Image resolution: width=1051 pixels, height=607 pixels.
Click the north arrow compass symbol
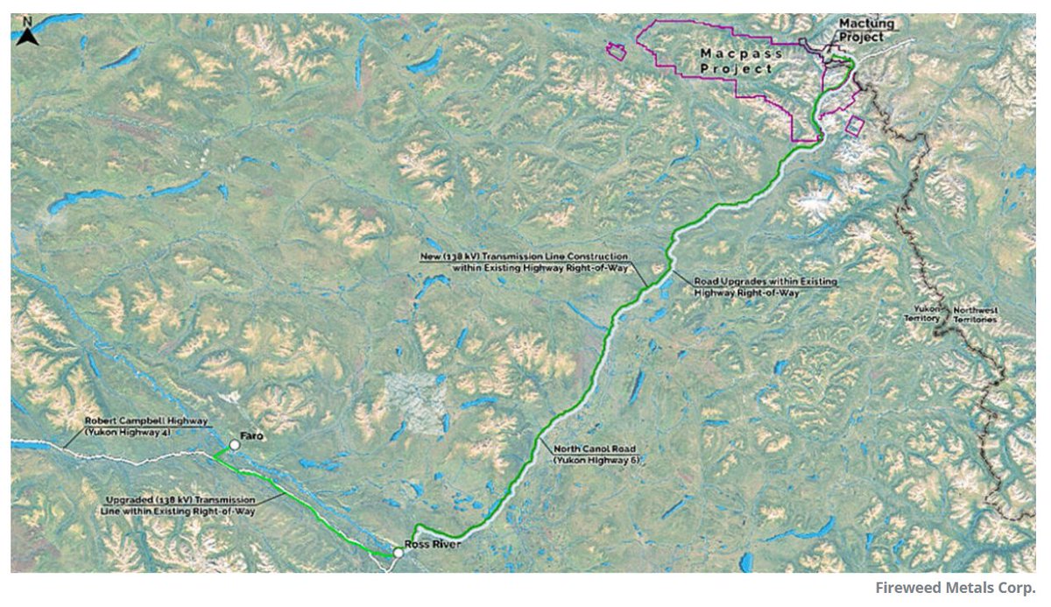coord(27,35)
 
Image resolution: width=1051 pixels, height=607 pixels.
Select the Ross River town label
coord(433,544)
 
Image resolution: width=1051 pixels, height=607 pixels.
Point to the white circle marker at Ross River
coord(399,553)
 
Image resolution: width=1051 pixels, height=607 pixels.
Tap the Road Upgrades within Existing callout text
coord(765,282)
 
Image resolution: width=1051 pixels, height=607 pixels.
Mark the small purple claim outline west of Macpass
coord(617,52)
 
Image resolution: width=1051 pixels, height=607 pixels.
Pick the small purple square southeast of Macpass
coord(853,125)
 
